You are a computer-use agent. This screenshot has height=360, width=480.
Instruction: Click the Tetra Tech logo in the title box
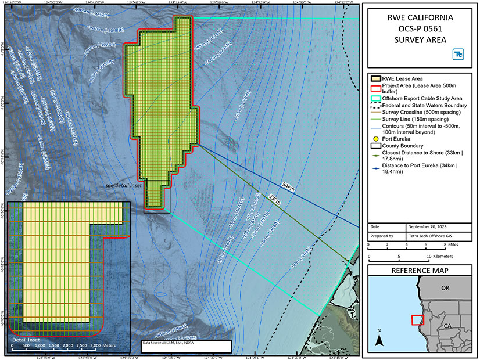click(x=459, y=54)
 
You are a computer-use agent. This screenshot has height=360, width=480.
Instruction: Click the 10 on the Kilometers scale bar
click(x=429, y=256)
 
